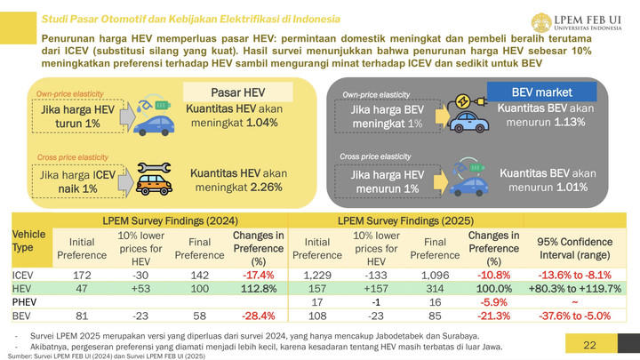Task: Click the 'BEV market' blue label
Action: click(541, 92)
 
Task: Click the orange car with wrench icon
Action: click(156, 177)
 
